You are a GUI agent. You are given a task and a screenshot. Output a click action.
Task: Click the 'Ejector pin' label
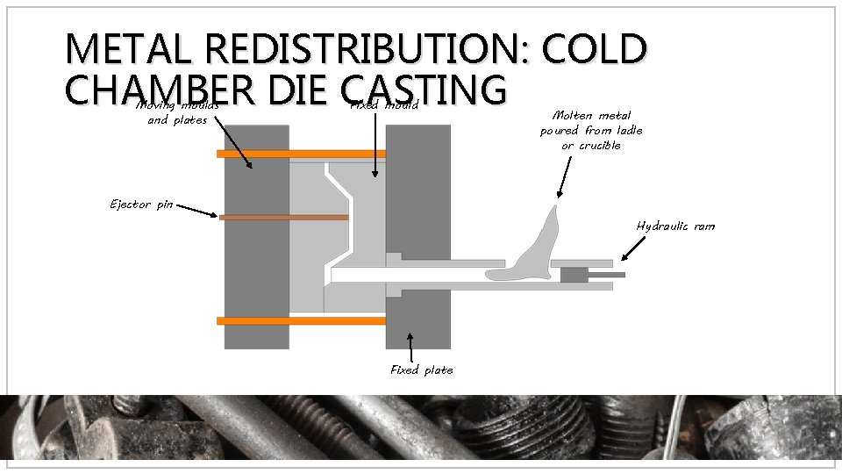pos(141,205)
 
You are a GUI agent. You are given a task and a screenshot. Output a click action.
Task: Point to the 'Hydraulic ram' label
pos(675,226)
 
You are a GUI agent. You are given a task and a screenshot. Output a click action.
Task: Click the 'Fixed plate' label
pos(422,370)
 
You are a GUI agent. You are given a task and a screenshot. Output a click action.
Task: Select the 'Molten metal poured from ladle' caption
pos(591,130)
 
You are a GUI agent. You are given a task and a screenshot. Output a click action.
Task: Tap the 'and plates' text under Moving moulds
pos(177,120)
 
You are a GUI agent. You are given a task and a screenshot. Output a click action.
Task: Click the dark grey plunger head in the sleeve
pos(573,275)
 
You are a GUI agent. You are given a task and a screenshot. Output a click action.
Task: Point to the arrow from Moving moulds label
pos(232,145)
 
